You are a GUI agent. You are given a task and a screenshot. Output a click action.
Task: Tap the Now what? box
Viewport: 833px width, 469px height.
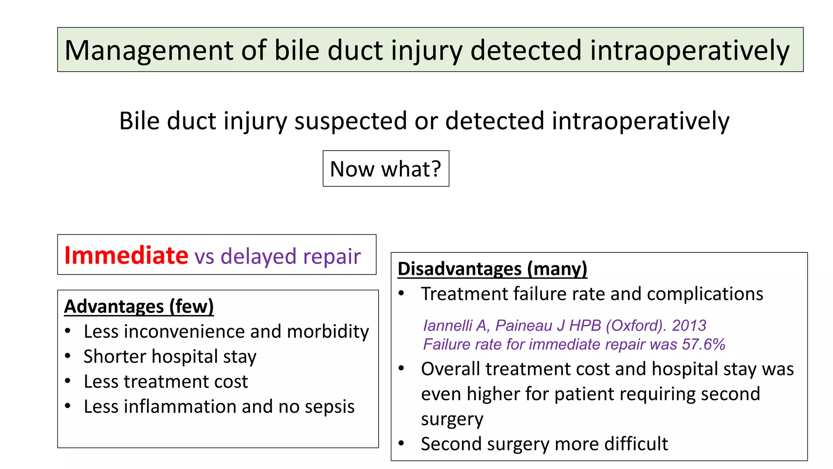pyautogui.click(x=386, y=169)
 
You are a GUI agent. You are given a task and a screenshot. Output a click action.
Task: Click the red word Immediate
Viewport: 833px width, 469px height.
pyautogui.click(x=126, y=255)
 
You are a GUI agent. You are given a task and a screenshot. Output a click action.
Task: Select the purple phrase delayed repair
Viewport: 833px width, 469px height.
pyautogui.click(x=290, y=256)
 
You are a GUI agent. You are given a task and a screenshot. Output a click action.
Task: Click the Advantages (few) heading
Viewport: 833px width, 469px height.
pyautogui.click(x=139, y=307)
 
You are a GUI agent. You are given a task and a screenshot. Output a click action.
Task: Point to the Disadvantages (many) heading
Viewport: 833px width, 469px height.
pyautogui.click(x=492, y=269)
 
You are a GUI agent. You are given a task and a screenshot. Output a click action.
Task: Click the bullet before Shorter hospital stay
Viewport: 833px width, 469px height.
pyautogui.click(x=68, y=356)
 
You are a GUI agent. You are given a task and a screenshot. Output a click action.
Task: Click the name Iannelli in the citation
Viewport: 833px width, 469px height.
pyautogui.click(x=447, y=325)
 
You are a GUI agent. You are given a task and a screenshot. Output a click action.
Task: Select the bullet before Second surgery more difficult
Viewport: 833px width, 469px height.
pyautogui.click(x=401, y=443)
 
